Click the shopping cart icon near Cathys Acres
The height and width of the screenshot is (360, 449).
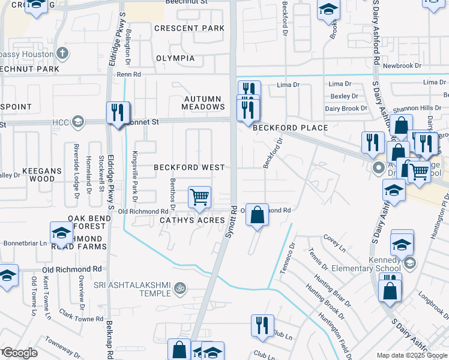point(199,196)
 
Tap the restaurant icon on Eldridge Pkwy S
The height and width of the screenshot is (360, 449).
point(118,112)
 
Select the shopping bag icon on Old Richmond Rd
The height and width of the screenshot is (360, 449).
point(256,214)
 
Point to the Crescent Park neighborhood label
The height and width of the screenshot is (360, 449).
point(189,28)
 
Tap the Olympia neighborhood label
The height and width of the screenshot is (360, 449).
point(175,58)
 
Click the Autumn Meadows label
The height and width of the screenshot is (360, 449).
point(204,103)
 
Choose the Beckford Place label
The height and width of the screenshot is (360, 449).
point(290,128)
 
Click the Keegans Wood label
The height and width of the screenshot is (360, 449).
point(42,175)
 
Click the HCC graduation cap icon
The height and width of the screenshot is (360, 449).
point(77,122)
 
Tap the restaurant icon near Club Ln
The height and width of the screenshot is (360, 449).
point(262,325)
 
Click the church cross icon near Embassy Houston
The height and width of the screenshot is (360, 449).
point(62,53)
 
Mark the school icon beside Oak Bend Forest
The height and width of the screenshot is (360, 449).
point(61,233)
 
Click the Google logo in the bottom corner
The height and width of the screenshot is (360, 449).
point(19,353)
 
